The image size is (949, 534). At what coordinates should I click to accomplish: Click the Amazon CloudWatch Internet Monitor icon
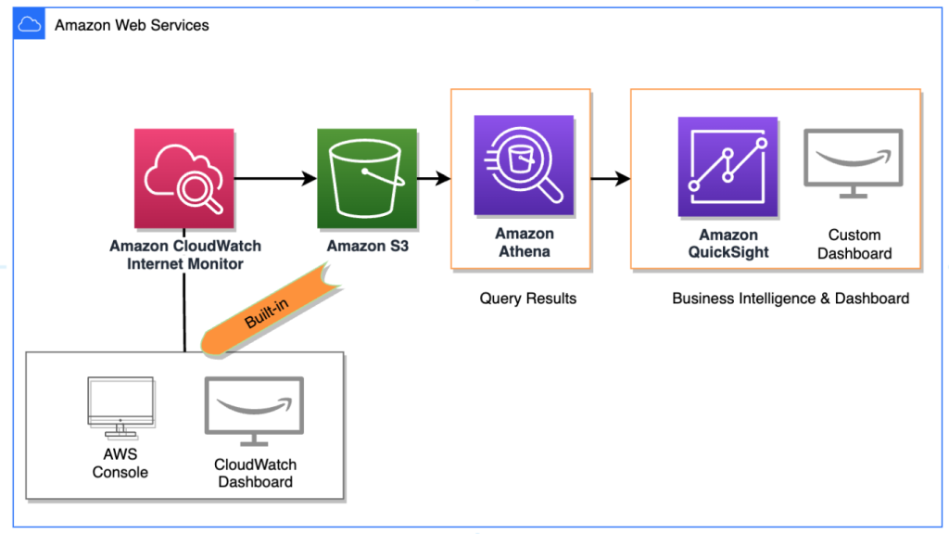pos(184,179)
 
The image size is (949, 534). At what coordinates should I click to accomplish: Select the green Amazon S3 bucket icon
pos(367,179)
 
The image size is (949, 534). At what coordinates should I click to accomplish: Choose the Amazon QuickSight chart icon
pos(728,166)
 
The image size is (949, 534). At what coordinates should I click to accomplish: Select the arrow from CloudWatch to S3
pos(273,179)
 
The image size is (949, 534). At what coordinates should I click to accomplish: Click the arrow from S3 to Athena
pos(433,179)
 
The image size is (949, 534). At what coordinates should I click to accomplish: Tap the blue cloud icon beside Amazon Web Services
pos(30,25)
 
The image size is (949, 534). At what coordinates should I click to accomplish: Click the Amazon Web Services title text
pos(132,25)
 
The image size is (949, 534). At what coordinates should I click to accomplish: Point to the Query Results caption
pos(527,299)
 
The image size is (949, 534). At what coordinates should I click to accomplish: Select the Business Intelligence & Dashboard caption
pos(790,299)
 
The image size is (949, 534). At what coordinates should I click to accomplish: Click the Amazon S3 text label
pos(367,247)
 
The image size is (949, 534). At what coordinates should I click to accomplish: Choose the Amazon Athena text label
pos(524,243)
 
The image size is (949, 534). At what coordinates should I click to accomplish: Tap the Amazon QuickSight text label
pos(728,243)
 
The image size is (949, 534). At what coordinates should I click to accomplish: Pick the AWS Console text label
pos(120,464)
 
